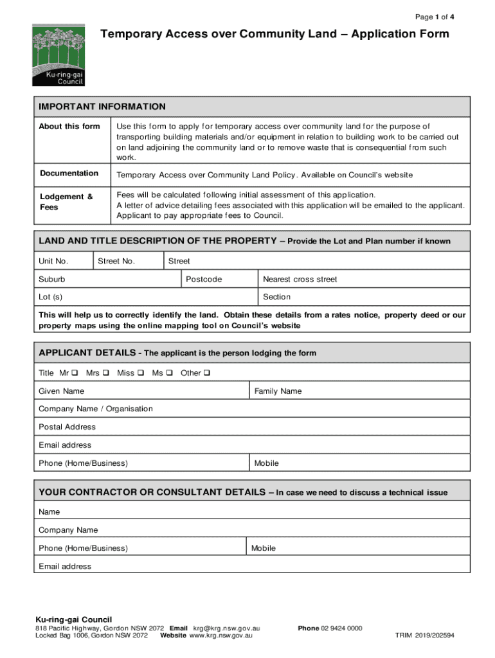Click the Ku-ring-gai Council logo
pos(59,55)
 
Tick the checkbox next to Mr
pos(75,373)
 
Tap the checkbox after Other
pos(207,373)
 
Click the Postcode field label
pos(204,280)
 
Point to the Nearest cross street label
pos(300,280)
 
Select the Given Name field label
pos(61,391)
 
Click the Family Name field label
pos(278,391)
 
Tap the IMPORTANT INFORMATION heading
pos(102,107)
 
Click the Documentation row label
pos(69,173)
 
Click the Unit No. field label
pos(53,262)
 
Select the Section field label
pos(276,297)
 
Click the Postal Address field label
pos(67,427)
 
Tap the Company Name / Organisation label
pos(96,409)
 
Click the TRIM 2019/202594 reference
pos(424,636)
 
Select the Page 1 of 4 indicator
pos(435,17)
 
